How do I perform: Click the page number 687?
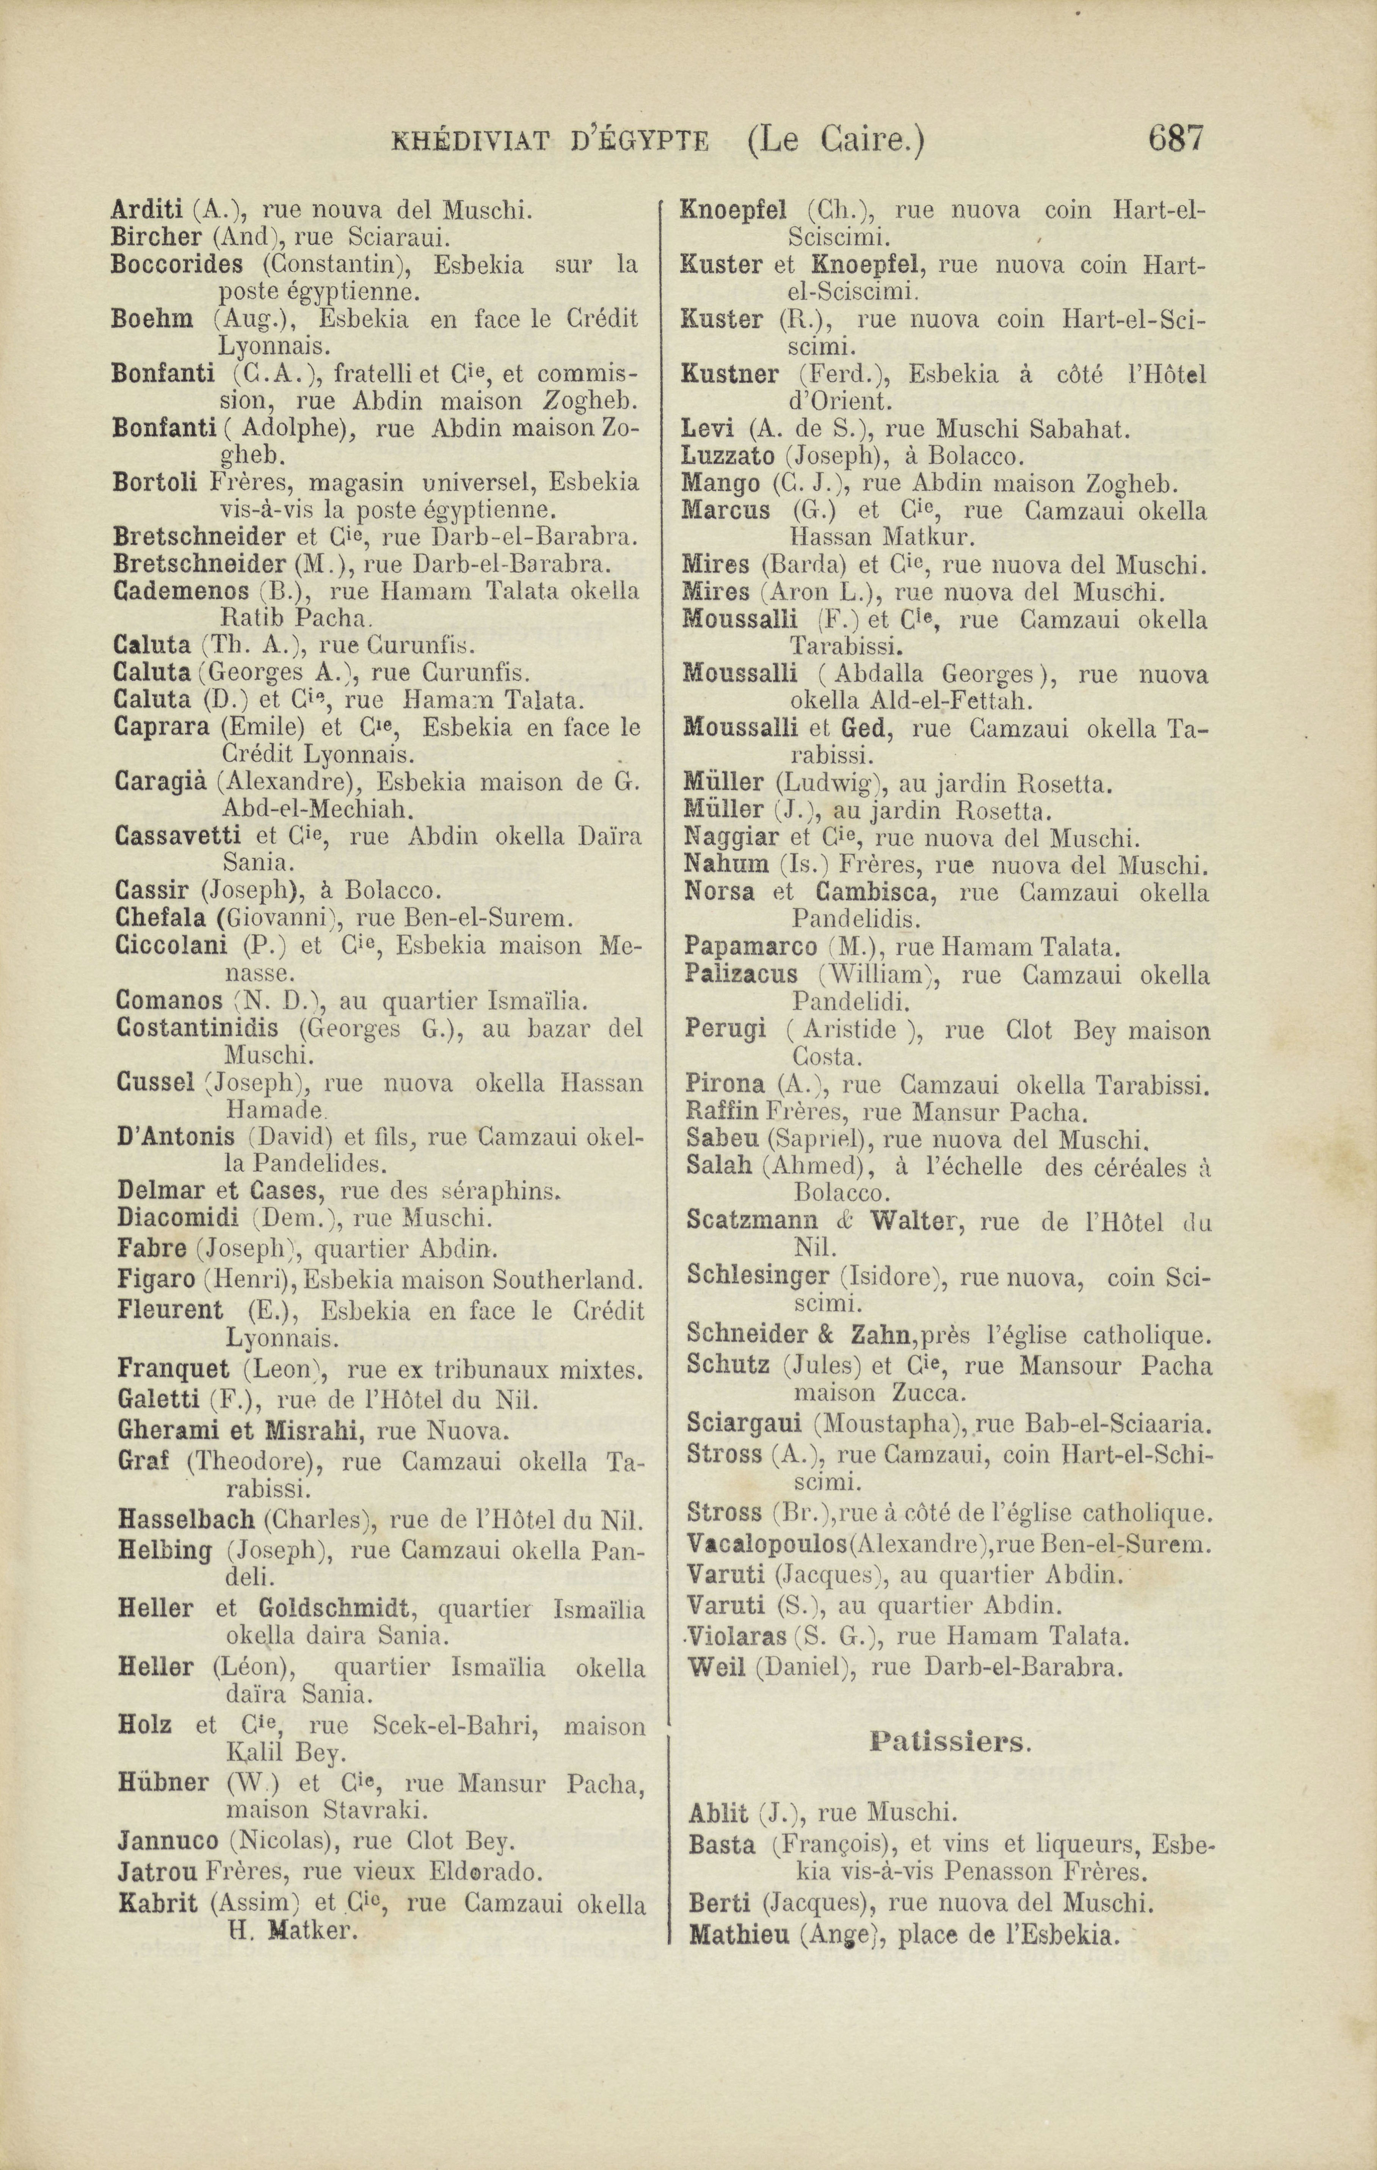1175,140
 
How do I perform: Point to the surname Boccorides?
177,265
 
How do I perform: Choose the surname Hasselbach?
186,1520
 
